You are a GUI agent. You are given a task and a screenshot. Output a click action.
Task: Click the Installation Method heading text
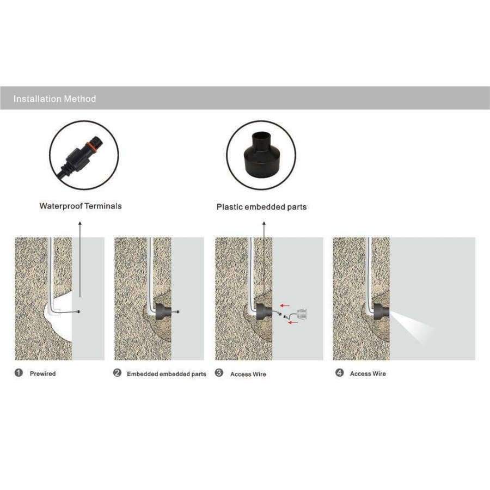pyautogui.click(x=54, y=99)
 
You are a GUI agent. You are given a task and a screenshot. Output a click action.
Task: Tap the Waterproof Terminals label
pyautogui.click(x=81, y=206)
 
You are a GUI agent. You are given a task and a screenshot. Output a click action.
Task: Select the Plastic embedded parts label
pyautogui.click(x=261, y=207)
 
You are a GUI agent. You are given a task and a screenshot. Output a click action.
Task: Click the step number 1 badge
pyautogui.click(x=19, y=373)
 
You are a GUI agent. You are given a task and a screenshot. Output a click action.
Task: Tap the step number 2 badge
pyautogui.click(x=117, y=373)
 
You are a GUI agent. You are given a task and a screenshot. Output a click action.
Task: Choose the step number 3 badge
pyautogui.click(x=219, y=373)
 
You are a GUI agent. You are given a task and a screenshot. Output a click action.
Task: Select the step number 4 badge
pyautogui.click(x=339, y=373)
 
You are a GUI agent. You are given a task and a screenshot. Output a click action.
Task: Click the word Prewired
pyautogui.click(x=43, y=373)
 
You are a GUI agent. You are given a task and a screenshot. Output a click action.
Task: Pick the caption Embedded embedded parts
pyautogui.click(x=167, y=374)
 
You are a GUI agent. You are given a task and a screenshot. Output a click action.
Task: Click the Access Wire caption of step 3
pyautogui.click(x=248, y=375)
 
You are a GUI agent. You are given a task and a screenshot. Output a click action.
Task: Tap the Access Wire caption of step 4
pyautogui.click(x=368, y=373)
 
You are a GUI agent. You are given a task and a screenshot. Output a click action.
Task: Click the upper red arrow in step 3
pyautogui.click(x=285, y=305)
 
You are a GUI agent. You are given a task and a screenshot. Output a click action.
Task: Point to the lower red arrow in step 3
pyautogui.click(x=292, y=322)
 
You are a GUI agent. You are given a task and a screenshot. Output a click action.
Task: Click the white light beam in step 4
pyautogui.click(x=412, y=327)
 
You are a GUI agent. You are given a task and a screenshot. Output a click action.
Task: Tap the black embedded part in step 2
pyautogui.click(x=163, y=311)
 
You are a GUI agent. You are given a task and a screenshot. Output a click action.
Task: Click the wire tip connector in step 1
pyautogui.click(x=78, y=311)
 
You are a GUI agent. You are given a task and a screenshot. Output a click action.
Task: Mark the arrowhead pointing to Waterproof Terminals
pyautogui.click(x=80, y=223)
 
